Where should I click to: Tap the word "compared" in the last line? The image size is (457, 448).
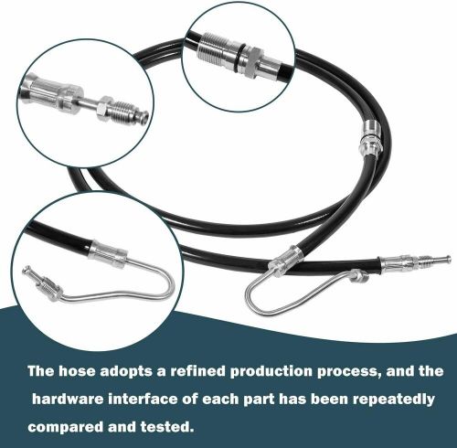click(65, 428)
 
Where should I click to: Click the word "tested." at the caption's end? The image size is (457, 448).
click(167, 427)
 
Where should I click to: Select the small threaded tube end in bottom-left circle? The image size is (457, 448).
click(42, 282)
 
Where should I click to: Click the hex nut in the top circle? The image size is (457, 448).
click(252, 61)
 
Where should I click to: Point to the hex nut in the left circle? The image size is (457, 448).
click(105, 108)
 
